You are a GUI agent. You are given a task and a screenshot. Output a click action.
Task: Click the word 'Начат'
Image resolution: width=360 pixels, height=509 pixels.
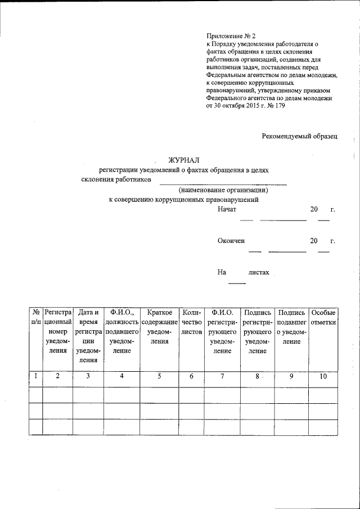227,210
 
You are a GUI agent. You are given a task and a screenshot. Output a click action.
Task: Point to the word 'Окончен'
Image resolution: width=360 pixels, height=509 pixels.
231,241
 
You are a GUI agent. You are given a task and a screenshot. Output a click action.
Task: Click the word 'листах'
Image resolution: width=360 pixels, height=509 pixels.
259,272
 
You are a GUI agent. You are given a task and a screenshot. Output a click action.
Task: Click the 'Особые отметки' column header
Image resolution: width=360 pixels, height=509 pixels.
323,317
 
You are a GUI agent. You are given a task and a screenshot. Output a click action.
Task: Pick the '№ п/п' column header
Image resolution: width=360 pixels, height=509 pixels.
35,317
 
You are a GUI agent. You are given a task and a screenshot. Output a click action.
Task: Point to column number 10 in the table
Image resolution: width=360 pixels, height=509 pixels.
323,377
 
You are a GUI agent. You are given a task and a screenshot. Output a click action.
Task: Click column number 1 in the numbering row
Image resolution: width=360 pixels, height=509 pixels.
35,376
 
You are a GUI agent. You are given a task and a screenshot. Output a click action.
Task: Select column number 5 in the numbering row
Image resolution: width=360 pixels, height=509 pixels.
159,377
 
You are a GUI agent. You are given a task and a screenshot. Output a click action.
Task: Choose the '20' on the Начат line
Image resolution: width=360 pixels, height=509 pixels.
314,210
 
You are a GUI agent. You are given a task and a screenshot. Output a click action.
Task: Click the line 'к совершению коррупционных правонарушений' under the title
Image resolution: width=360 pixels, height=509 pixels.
183,199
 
